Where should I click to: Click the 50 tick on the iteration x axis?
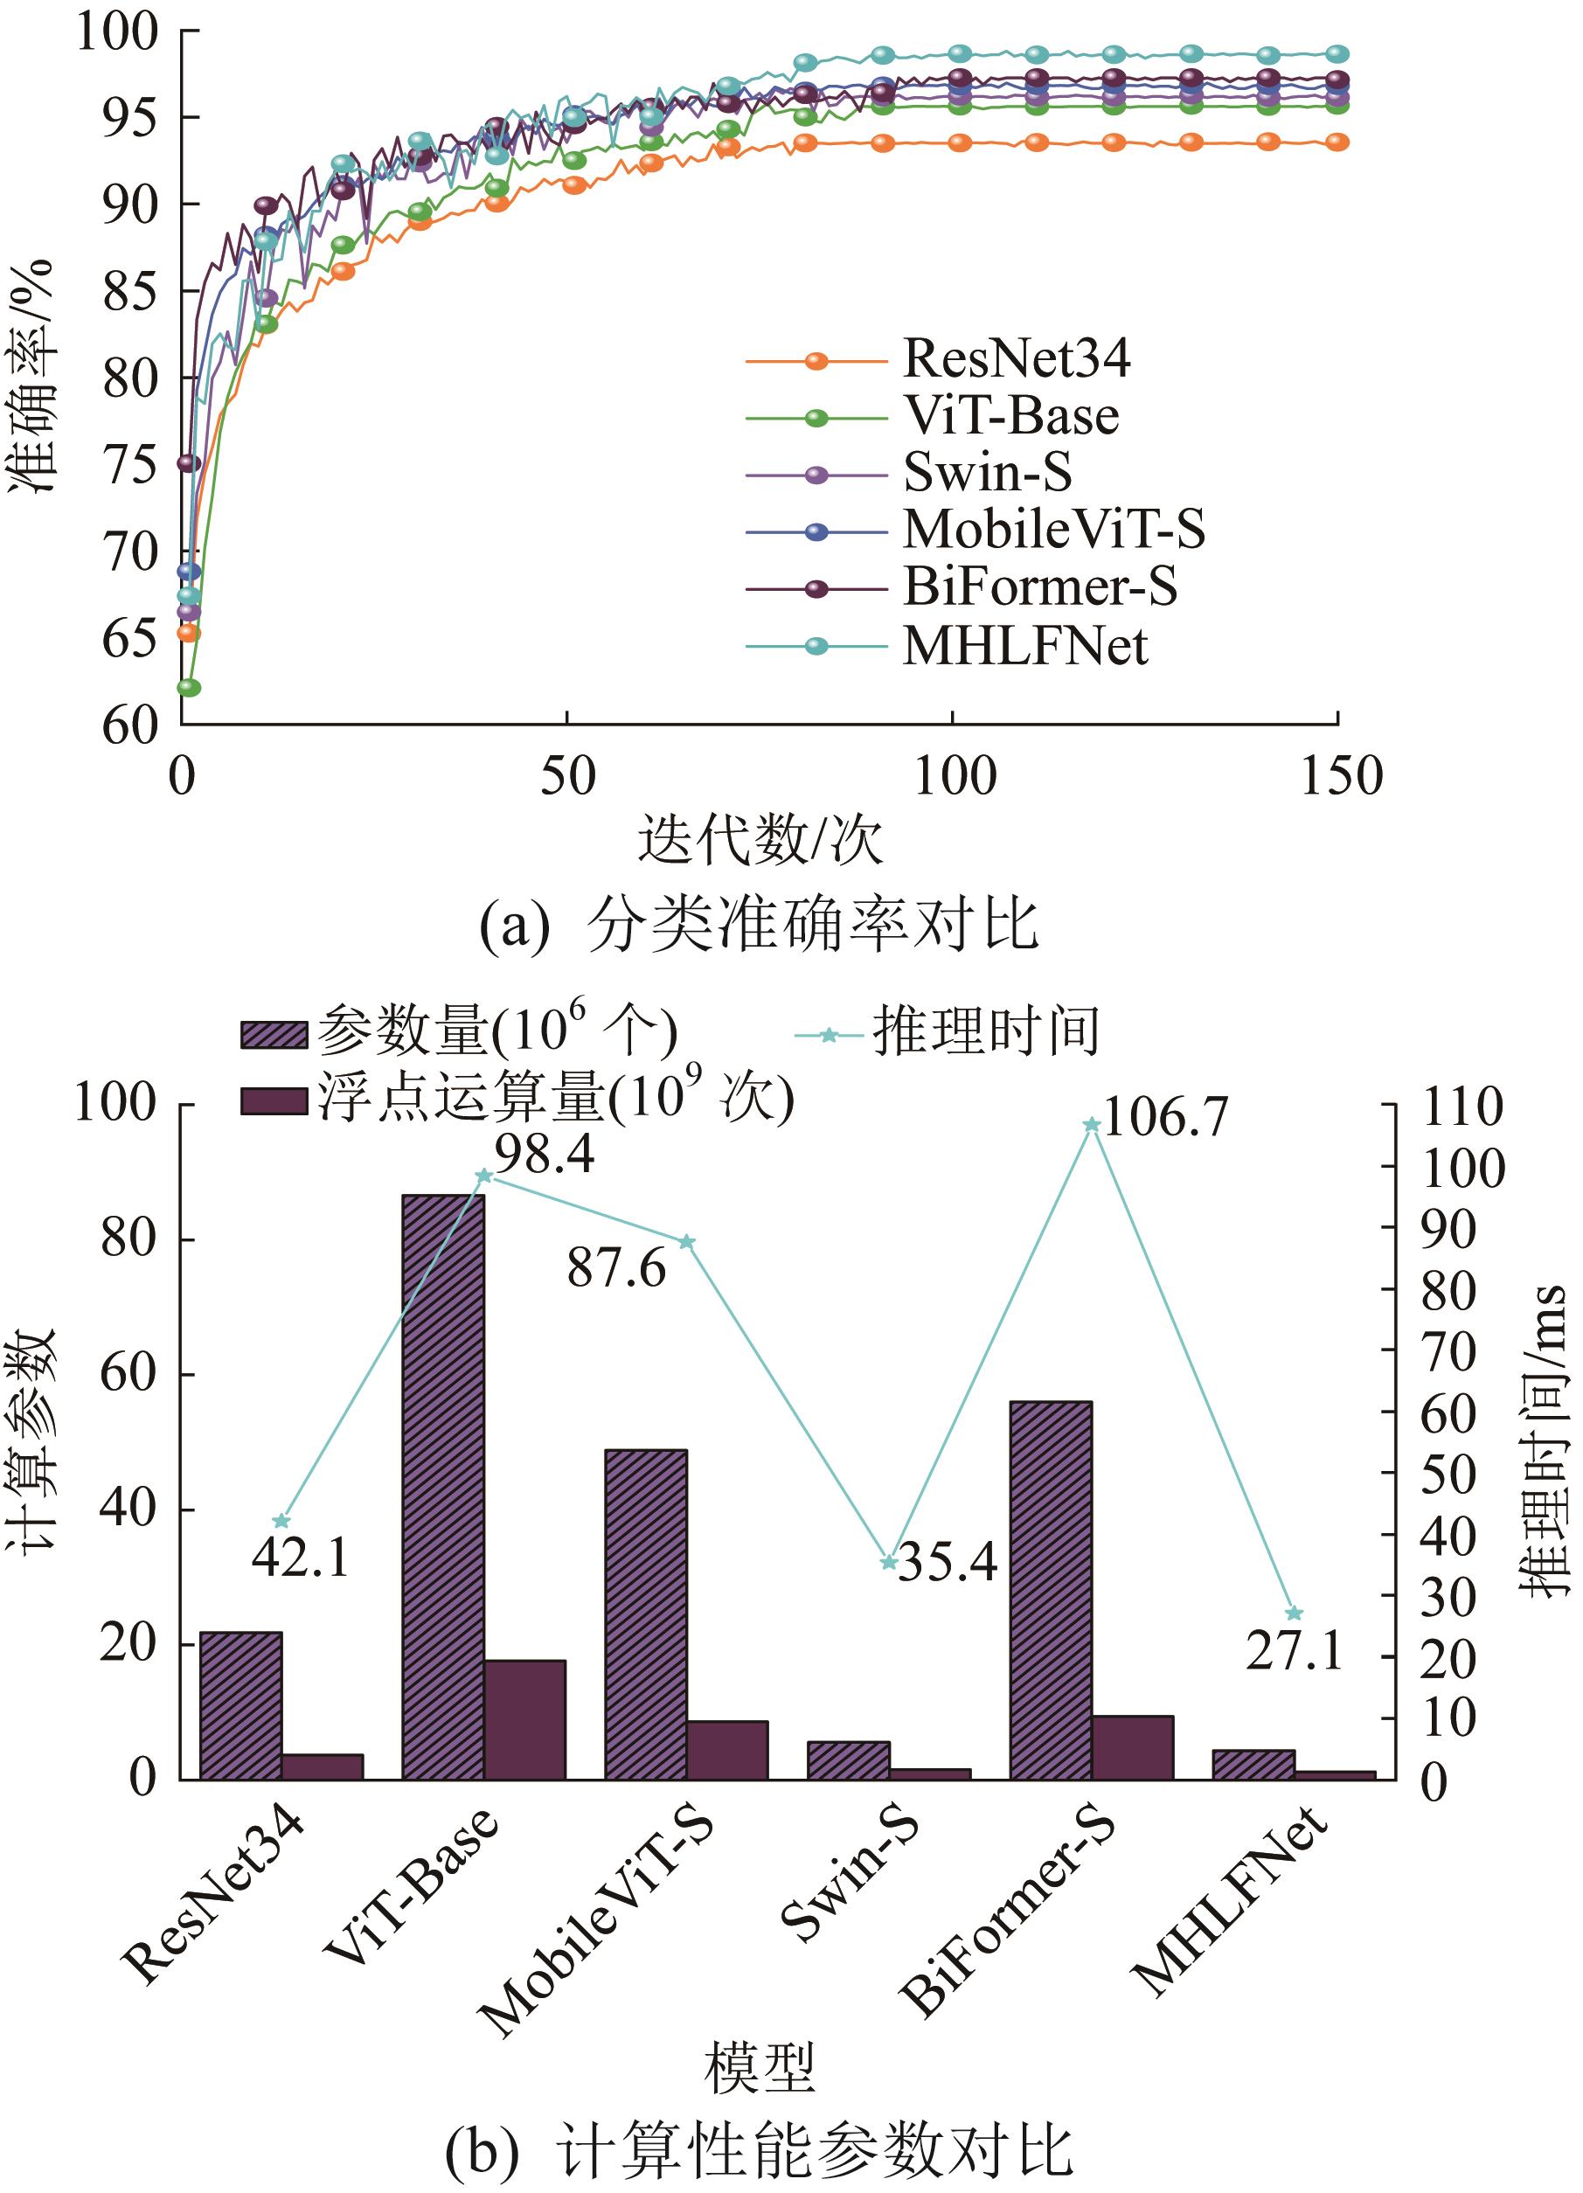[x=567, y=776]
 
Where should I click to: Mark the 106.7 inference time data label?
[x=1165, y=1118]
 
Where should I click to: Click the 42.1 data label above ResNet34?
[x=301, y=1558]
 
